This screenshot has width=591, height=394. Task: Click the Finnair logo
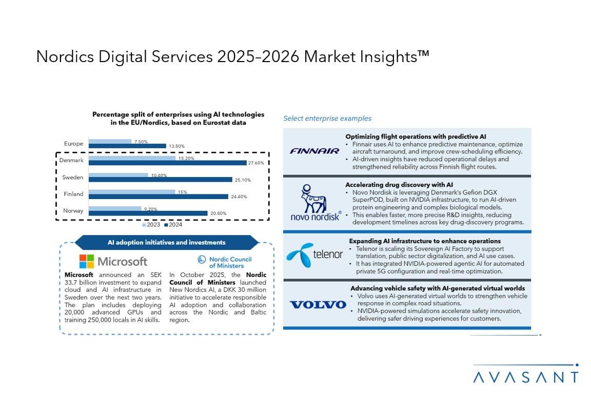coord(314,151)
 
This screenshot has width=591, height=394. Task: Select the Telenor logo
coord(314,254)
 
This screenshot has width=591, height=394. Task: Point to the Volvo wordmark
coord(318,305)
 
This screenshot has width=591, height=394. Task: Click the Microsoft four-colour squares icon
coord(87,262)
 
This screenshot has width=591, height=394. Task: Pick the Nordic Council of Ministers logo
coord(224,262)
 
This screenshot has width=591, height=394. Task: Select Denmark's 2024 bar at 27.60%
coord(167,163)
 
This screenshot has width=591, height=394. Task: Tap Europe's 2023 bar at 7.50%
coord(110,141)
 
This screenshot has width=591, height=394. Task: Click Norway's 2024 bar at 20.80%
coord(148,213)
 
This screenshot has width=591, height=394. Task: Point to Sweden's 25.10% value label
coord(243,180)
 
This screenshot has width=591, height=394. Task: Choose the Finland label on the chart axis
coord(73,194)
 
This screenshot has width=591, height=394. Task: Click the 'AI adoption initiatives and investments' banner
coord(166,242)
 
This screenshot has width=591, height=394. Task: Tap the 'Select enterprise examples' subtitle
coord(327,119)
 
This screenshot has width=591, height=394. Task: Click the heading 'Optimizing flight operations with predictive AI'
coord(416,136)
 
